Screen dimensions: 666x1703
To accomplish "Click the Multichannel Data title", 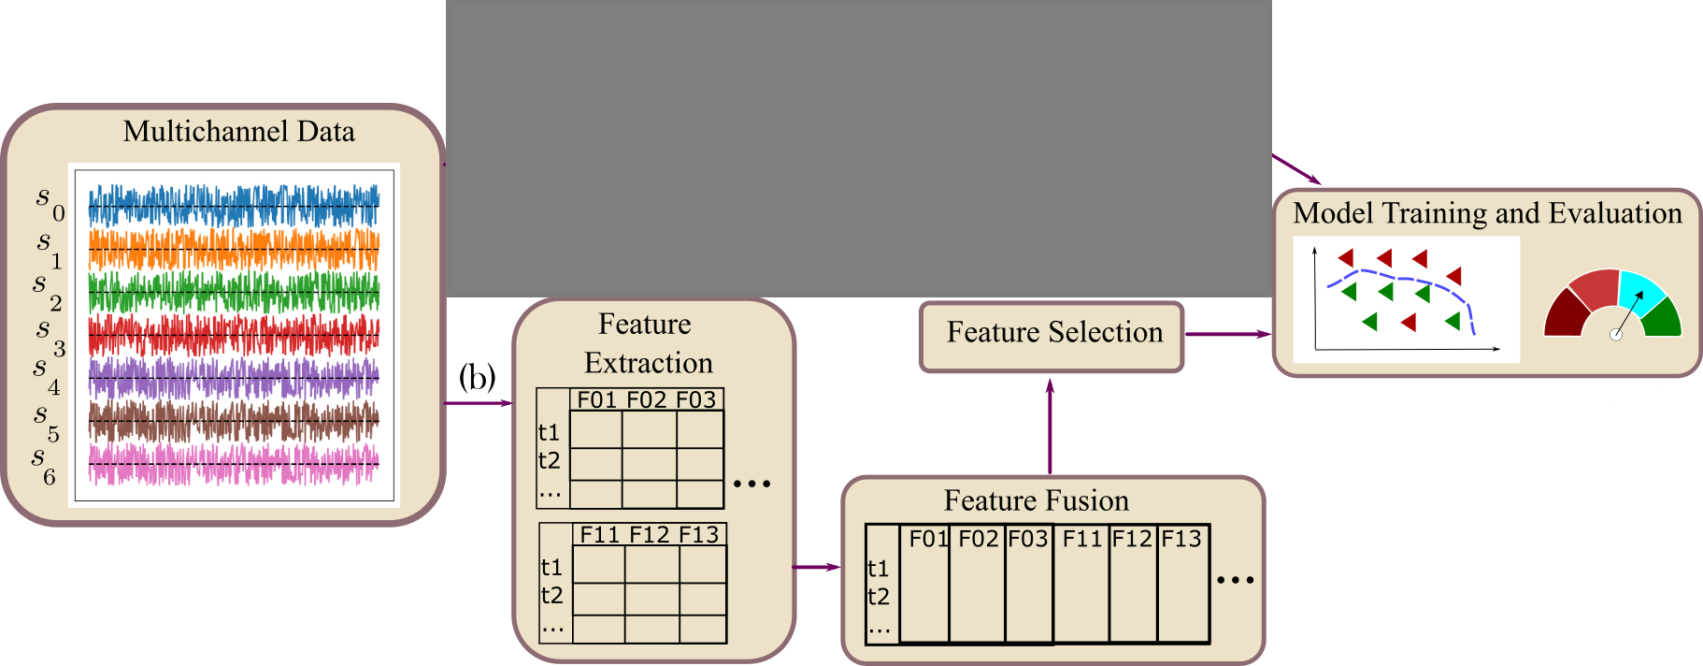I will pyautogui.click(x=238, y=131).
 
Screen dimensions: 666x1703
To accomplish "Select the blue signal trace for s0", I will pyautogui.click(x=234, y=206).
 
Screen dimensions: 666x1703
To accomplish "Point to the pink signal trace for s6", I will pyautogui.click(x=234, y=464).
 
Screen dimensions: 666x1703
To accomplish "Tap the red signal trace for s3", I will pyautogui.click(x=234, y=335).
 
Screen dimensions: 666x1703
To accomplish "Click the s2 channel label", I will pyautogui.click(x=47, y=290).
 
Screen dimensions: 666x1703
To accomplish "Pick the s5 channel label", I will pyautogui.click(x=46, y=421).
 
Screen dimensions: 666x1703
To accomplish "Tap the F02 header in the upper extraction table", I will pyautogui.click(x=647, y=400).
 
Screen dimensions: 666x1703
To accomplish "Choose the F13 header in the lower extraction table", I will pyautogui.click(x=698, y=535).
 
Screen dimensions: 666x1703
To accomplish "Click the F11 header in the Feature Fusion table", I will pyautogui.click(x=1082, y=539).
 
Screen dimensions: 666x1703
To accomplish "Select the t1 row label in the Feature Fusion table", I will pyautogui.click(x=878, y=569).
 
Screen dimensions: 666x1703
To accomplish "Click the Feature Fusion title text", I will pyautogui.click(x=1036, y=500).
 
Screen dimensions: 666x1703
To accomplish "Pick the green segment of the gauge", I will pyautogui.click(x=1663, y=318).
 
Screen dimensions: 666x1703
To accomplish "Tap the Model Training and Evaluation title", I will pyautogui.click(x=1487, y=213).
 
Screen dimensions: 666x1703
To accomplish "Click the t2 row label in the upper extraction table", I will pyautogui.click(x=549, y=460).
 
